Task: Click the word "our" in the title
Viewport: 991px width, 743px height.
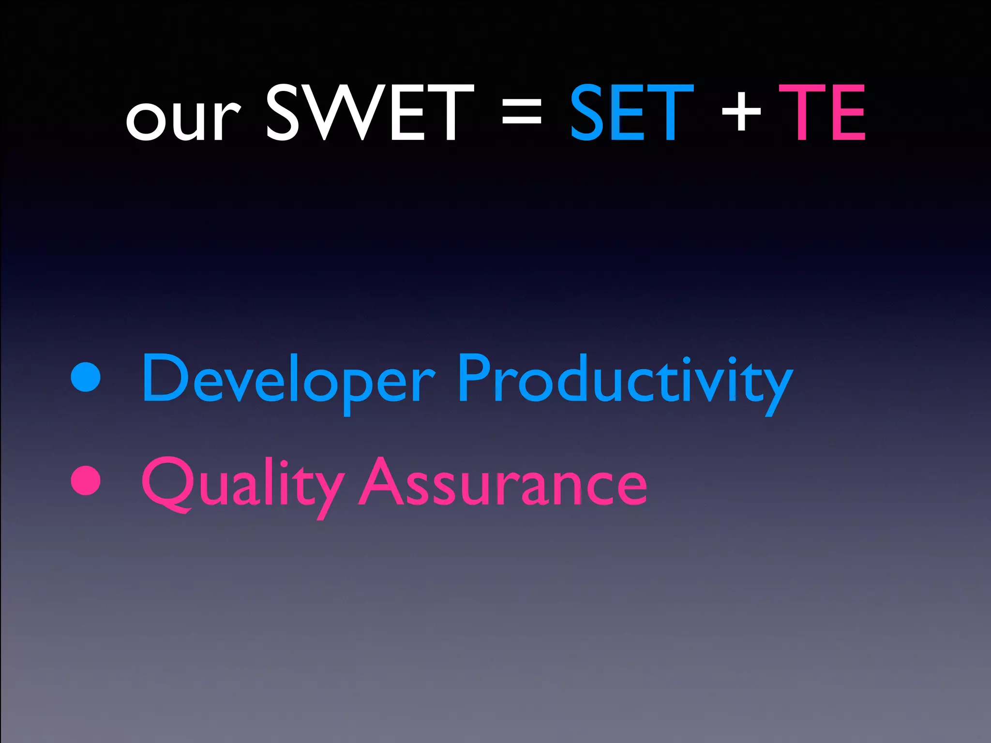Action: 183,119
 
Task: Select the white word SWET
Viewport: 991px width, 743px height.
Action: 370,113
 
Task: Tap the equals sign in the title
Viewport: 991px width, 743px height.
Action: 521,116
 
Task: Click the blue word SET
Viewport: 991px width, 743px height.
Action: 631,113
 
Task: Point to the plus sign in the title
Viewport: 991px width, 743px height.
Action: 741,114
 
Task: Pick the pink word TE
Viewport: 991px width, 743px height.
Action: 822,113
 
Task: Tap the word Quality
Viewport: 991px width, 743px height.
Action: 242,484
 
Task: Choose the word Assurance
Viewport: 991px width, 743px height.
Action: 503,484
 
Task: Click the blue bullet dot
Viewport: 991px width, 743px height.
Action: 86,376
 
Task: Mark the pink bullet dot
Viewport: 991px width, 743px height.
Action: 86,480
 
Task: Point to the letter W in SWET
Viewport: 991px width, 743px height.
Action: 346,113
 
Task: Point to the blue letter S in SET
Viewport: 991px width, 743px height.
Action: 588,113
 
